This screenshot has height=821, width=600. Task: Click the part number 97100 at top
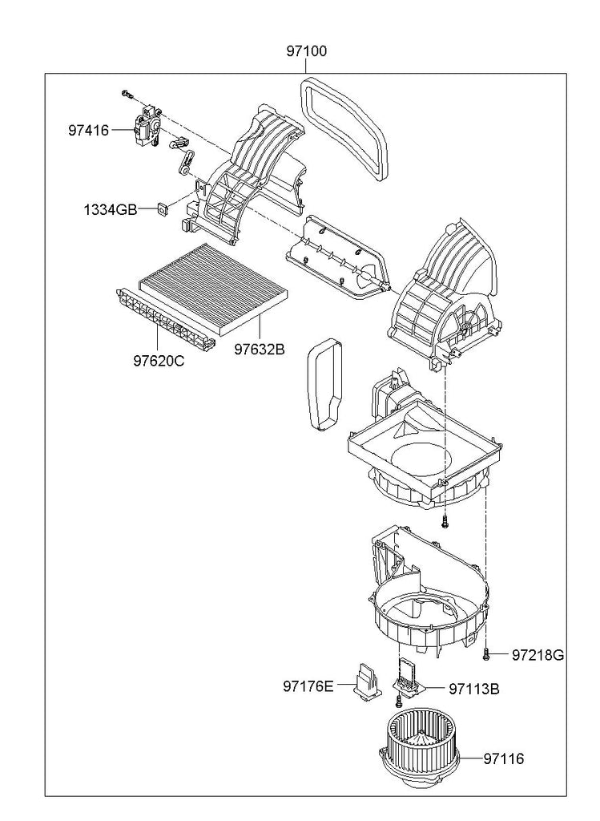point(306,51)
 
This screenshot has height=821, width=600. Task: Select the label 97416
point(88,130)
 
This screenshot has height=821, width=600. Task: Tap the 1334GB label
point(110,210)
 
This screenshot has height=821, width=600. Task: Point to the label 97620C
point(159,362)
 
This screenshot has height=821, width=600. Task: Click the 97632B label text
point(260,350)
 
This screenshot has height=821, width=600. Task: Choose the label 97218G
point(538,655)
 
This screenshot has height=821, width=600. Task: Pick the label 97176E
point(308,686)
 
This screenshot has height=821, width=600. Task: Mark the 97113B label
point(474,689)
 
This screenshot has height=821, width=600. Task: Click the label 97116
point(503,758)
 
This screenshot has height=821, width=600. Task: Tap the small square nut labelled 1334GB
point(163,209)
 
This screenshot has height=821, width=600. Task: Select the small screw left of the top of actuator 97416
point(126,94)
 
